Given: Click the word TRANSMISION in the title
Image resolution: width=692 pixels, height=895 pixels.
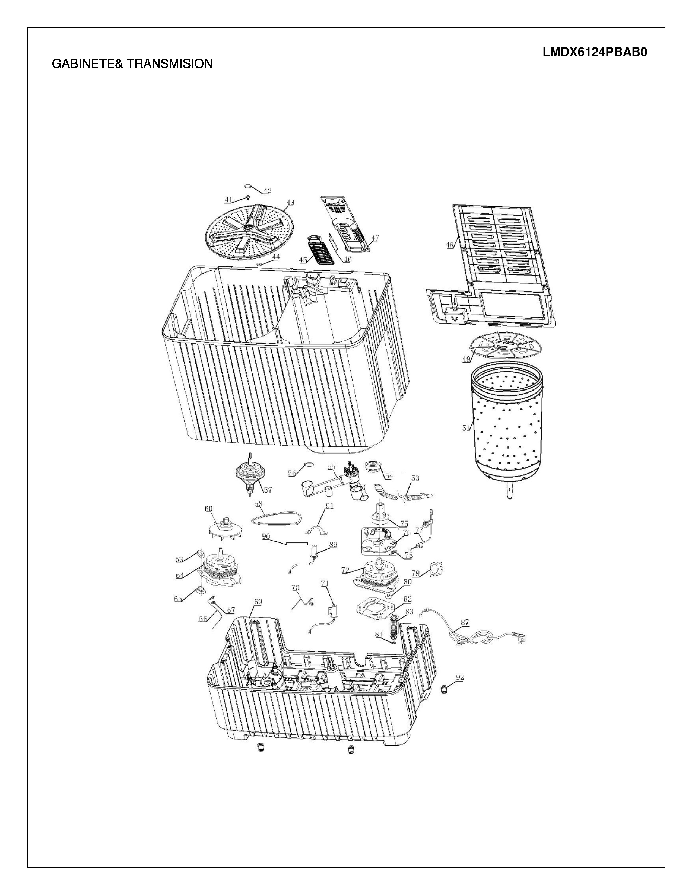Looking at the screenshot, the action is point(170,63).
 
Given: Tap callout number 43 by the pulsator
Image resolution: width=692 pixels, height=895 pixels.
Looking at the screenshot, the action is point(290,202).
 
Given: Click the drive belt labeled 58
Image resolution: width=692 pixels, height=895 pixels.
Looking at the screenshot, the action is point(276,518).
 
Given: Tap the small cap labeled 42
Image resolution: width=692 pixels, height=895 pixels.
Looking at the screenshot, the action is point(249,186).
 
